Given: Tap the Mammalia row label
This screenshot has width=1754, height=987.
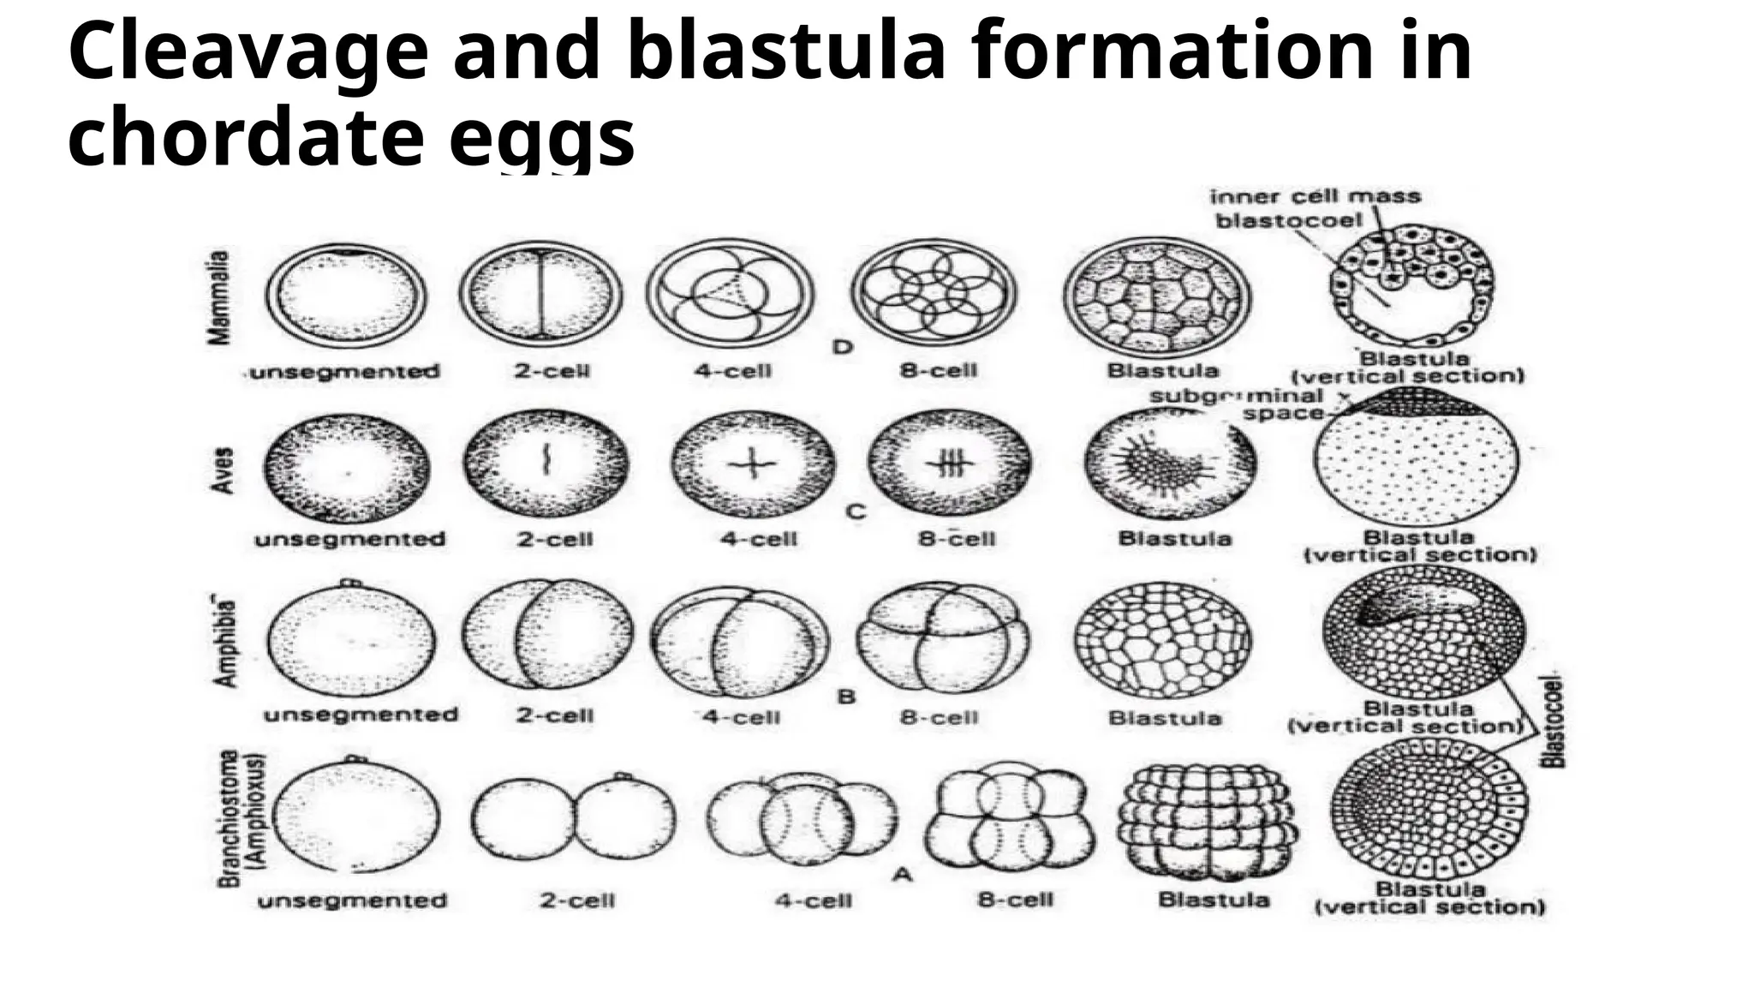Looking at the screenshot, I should coord(220,297).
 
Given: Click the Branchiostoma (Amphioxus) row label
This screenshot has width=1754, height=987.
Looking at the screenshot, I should coord(242,818).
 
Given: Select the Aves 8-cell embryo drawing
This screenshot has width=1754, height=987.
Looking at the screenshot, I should coord(950,464).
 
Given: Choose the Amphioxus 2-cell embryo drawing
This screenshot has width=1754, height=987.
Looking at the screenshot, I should coord(572,819).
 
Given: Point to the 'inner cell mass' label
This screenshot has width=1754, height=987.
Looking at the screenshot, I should coord(1315,197).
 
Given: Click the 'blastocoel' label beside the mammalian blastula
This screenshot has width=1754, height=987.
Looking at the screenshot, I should coord(1288,221).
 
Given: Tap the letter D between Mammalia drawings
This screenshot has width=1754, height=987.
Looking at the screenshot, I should coord(844,347).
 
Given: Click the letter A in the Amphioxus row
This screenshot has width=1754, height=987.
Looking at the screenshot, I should coord(901,875).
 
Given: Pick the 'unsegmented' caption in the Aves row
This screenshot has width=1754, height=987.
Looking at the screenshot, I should coord(349,540).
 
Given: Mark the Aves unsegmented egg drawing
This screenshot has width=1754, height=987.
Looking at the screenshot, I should coord(349,469).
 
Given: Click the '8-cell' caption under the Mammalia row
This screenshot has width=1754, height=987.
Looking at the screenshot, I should coord(938,371).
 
